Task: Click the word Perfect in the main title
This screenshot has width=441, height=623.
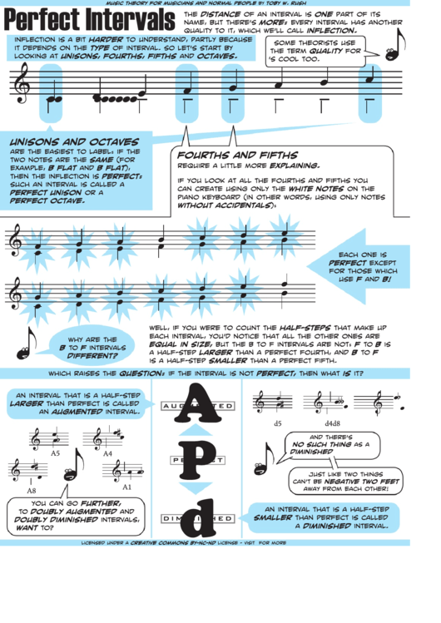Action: click(x=38, y=21)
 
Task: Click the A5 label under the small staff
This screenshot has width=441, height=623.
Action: click(x=55, y=453)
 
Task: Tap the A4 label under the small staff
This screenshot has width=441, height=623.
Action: click(x=107, y=453)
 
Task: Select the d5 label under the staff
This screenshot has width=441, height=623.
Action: click(x=278, y=423)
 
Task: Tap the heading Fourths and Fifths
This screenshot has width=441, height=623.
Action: click(x=237, y=156)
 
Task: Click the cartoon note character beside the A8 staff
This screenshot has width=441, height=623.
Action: click(x=73, y=466)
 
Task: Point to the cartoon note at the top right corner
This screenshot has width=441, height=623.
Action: click(x=393, y=46)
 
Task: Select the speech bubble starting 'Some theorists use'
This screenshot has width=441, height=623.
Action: click(x=318, y=52)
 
